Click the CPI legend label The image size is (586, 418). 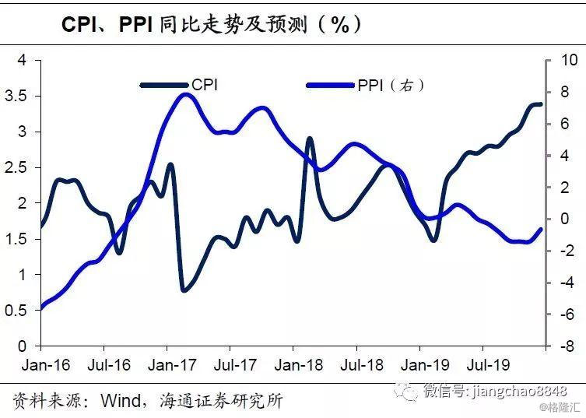[205, 84]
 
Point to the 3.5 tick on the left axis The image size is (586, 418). [16, 96]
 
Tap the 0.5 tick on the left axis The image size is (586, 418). [16, 310]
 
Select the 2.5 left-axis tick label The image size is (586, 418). [16, 167]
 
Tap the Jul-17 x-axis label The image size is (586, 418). [233, 364]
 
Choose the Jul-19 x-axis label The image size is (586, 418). [483, 364]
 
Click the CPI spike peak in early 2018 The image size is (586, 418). [310, 139]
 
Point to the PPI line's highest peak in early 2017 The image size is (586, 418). [184, 95]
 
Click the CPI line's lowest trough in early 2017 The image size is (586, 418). [184, 290]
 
